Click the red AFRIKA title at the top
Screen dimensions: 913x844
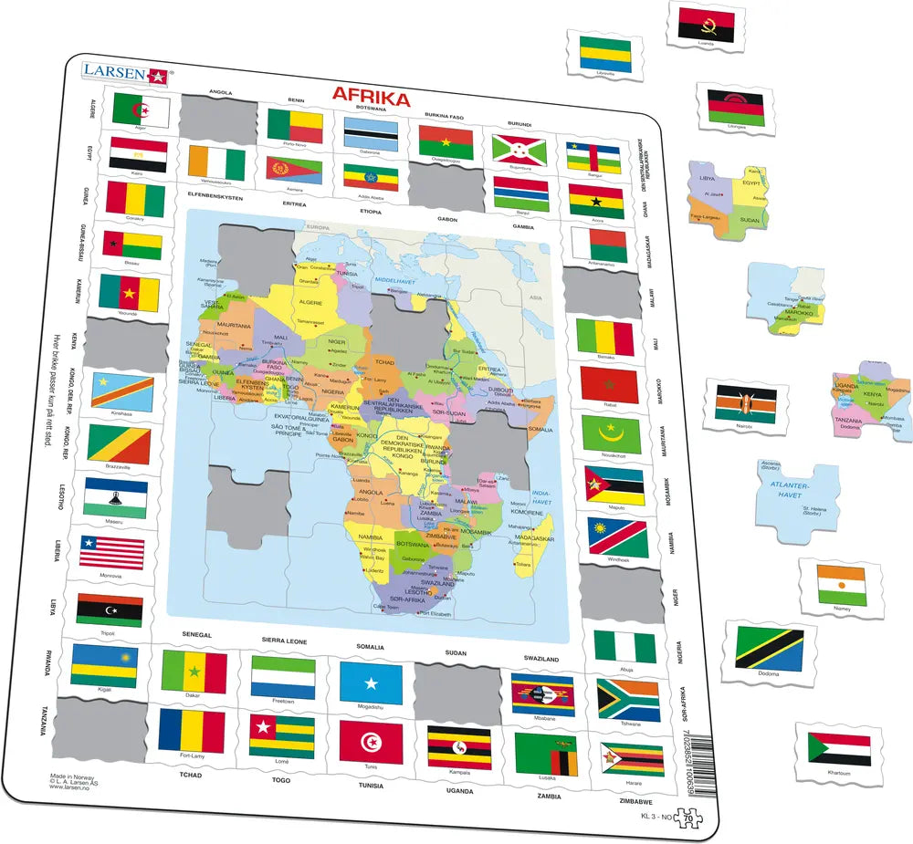pyautogui.click(x=370, y=95)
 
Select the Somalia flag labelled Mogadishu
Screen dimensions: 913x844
pyautogui.click(x=371, y=682)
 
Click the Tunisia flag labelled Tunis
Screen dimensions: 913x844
pyautogui.click(x=371, y=740)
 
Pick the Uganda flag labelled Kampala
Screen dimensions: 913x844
pyautogui.click(x=459, y=746)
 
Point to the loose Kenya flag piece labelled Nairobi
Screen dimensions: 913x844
pyautogui.click(x=745, y=403)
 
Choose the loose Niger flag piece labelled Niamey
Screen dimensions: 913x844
pyautogui.click(x=841, y=585)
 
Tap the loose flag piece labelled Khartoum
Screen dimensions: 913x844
pyautogui.click(x=838, y=748)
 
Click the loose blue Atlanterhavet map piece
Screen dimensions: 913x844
pyautogui.click(x=793, y=499)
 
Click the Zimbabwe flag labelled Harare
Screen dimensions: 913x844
pyautogui.click(x=632, y=760)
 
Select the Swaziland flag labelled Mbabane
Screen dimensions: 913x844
pyautogui.click(x=542, y=694)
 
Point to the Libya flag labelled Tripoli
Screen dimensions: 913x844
pyautogui.click(x=109, y=610)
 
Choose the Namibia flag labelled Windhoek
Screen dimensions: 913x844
pyautogui.click(x=617, y=537)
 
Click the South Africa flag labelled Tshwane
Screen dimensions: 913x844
pyautogui.click(x=626, y=699)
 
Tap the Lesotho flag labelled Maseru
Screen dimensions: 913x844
pyautogui.click(x=115, y=498)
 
